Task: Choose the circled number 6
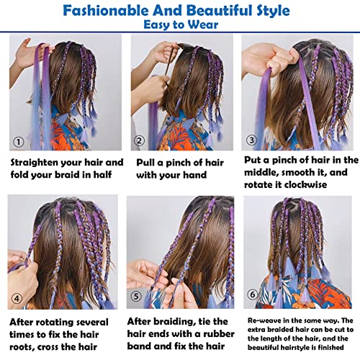pyautogui.click(x=251, y=294)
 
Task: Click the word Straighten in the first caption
pyautogui.click(x=37, y=163)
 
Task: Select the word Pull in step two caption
pyautogui.click(x=147, y=162)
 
